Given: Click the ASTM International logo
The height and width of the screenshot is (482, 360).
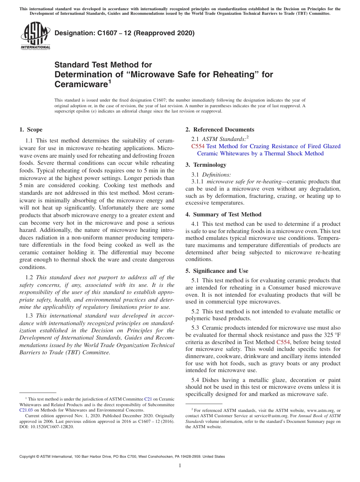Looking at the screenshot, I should pyautogui.click(x=35, y=36).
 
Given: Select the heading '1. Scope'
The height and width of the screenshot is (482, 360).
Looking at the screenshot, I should pyautogui.click(x=31, y=130).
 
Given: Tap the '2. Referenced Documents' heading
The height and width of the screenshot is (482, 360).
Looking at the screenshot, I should pyautogui.click(x=220, y=130).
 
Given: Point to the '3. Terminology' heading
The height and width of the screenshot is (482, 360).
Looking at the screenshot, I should pyautogui.click(x=206, y=165).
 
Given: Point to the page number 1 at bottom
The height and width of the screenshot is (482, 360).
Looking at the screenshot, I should pyautogui.click(x=180, y=466).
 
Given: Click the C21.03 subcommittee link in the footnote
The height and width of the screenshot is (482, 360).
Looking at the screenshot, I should pyautogui.click(x=26, y=410).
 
